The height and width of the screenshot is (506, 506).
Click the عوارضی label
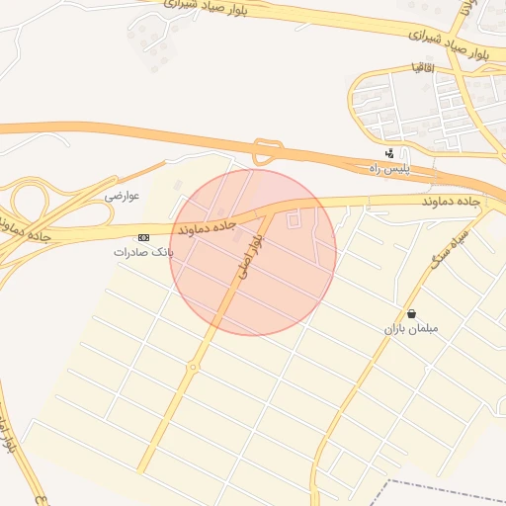123,196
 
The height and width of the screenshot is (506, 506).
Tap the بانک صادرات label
142,253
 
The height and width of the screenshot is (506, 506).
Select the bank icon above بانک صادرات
144,238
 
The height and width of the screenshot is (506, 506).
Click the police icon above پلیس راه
391,153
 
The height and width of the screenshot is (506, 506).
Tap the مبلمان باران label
412,327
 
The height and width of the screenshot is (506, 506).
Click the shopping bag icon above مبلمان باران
410,313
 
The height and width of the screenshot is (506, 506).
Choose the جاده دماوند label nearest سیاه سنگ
450,202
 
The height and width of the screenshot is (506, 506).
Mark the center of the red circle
253,252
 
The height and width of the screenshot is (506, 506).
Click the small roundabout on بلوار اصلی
193,367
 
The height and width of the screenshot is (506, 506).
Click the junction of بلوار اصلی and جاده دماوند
269,211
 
